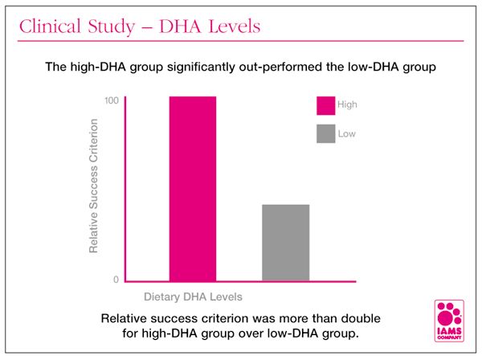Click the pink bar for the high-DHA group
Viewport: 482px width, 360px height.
(x=193, y=189)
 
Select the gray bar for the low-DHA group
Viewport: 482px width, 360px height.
(x=285, y=243)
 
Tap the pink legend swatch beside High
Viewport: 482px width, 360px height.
(x=325, y=105)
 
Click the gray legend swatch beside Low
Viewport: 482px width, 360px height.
(x=325, y=133)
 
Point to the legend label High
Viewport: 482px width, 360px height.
(x=348, y=105)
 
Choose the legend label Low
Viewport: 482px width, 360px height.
(x=347, y=133)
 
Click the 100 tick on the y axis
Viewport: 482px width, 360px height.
(x=112, y=100)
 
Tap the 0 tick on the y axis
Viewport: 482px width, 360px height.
(x=116, y=279)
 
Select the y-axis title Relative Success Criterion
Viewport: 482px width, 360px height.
(x=94, y=186)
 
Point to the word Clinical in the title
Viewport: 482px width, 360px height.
(x=50, y=26)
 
